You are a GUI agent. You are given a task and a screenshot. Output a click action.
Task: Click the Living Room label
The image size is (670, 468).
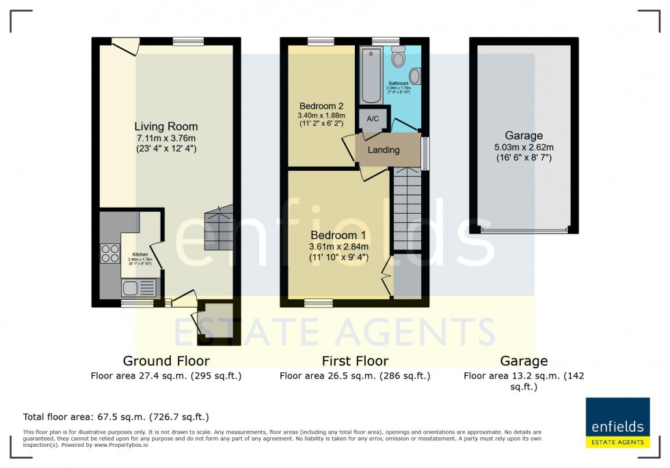point(165,126)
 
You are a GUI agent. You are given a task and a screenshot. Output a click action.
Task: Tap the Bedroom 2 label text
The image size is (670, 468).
point(321,106)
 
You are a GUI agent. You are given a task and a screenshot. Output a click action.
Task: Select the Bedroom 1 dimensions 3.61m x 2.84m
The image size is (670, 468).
point(339,247)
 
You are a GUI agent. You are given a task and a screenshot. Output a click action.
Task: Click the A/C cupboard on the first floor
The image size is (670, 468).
point(373,119)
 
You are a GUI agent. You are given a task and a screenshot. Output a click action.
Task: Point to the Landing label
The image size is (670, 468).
point(384,150)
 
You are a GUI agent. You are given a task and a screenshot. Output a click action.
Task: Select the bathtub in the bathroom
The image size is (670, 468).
point(371,75)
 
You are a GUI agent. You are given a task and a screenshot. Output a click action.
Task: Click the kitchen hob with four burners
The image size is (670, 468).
point(110,253)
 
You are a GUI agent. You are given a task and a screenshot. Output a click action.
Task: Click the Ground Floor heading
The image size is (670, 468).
point(166,361)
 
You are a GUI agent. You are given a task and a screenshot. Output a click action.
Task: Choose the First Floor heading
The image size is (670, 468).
point(355,361)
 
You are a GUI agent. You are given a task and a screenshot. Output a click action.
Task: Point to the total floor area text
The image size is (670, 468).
point(116,417)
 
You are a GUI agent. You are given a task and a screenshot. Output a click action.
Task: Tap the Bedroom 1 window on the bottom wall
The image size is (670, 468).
point(314,301)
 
